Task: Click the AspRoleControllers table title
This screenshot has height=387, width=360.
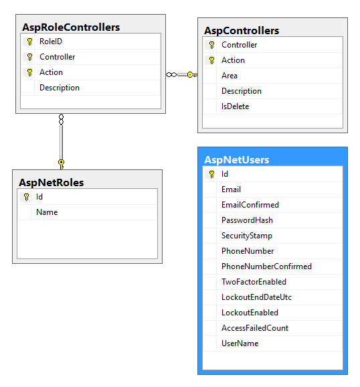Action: [x=71, y=27]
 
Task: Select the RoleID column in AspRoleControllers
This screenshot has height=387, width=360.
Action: [x=51, y=42]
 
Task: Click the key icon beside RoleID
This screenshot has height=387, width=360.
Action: [x=29, y=42]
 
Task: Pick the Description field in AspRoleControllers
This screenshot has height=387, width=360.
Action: [x=60, y=88]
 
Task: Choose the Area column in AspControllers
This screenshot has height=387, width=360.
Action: [x=230, y=76]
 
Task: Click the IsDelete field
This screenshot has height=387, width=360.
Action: [x=236, y=106]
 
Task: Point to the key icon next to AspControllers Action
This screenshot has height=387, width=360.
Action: [x=211, y=60]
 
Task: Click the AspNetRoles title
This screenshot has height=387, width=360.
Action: [x=51, y=182]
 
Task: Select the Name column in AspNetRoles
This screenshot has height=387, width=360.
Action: [x=47, y=212]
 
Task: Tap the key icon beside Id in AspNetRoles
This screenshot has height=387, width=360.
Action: [x=26, y=197]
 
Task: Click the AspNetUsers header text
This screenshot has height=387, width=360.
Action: [x=236, y=160]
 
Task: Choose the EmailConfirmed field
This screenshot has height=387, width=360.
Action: [x=250, y=205]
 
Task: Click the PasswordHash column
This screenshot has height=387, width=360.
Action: [x=247, y=220]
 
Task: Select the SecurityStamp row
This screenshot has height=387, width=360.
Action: [x=248, y=236]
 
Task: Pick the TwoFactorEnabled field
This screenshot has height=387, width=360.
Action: [x=254, y=282]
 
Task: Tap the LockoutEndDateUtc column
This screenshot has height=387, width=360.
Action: [x=256, y=297]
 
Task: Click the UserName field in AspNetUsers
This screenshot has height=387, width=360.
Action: [x=240, y=343]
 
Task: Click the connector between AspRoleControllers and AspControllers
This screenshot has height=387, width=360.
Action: [x=181, y=74]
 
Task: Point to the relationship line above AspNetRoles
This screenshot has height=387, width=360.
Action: [x=61, y=141]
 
